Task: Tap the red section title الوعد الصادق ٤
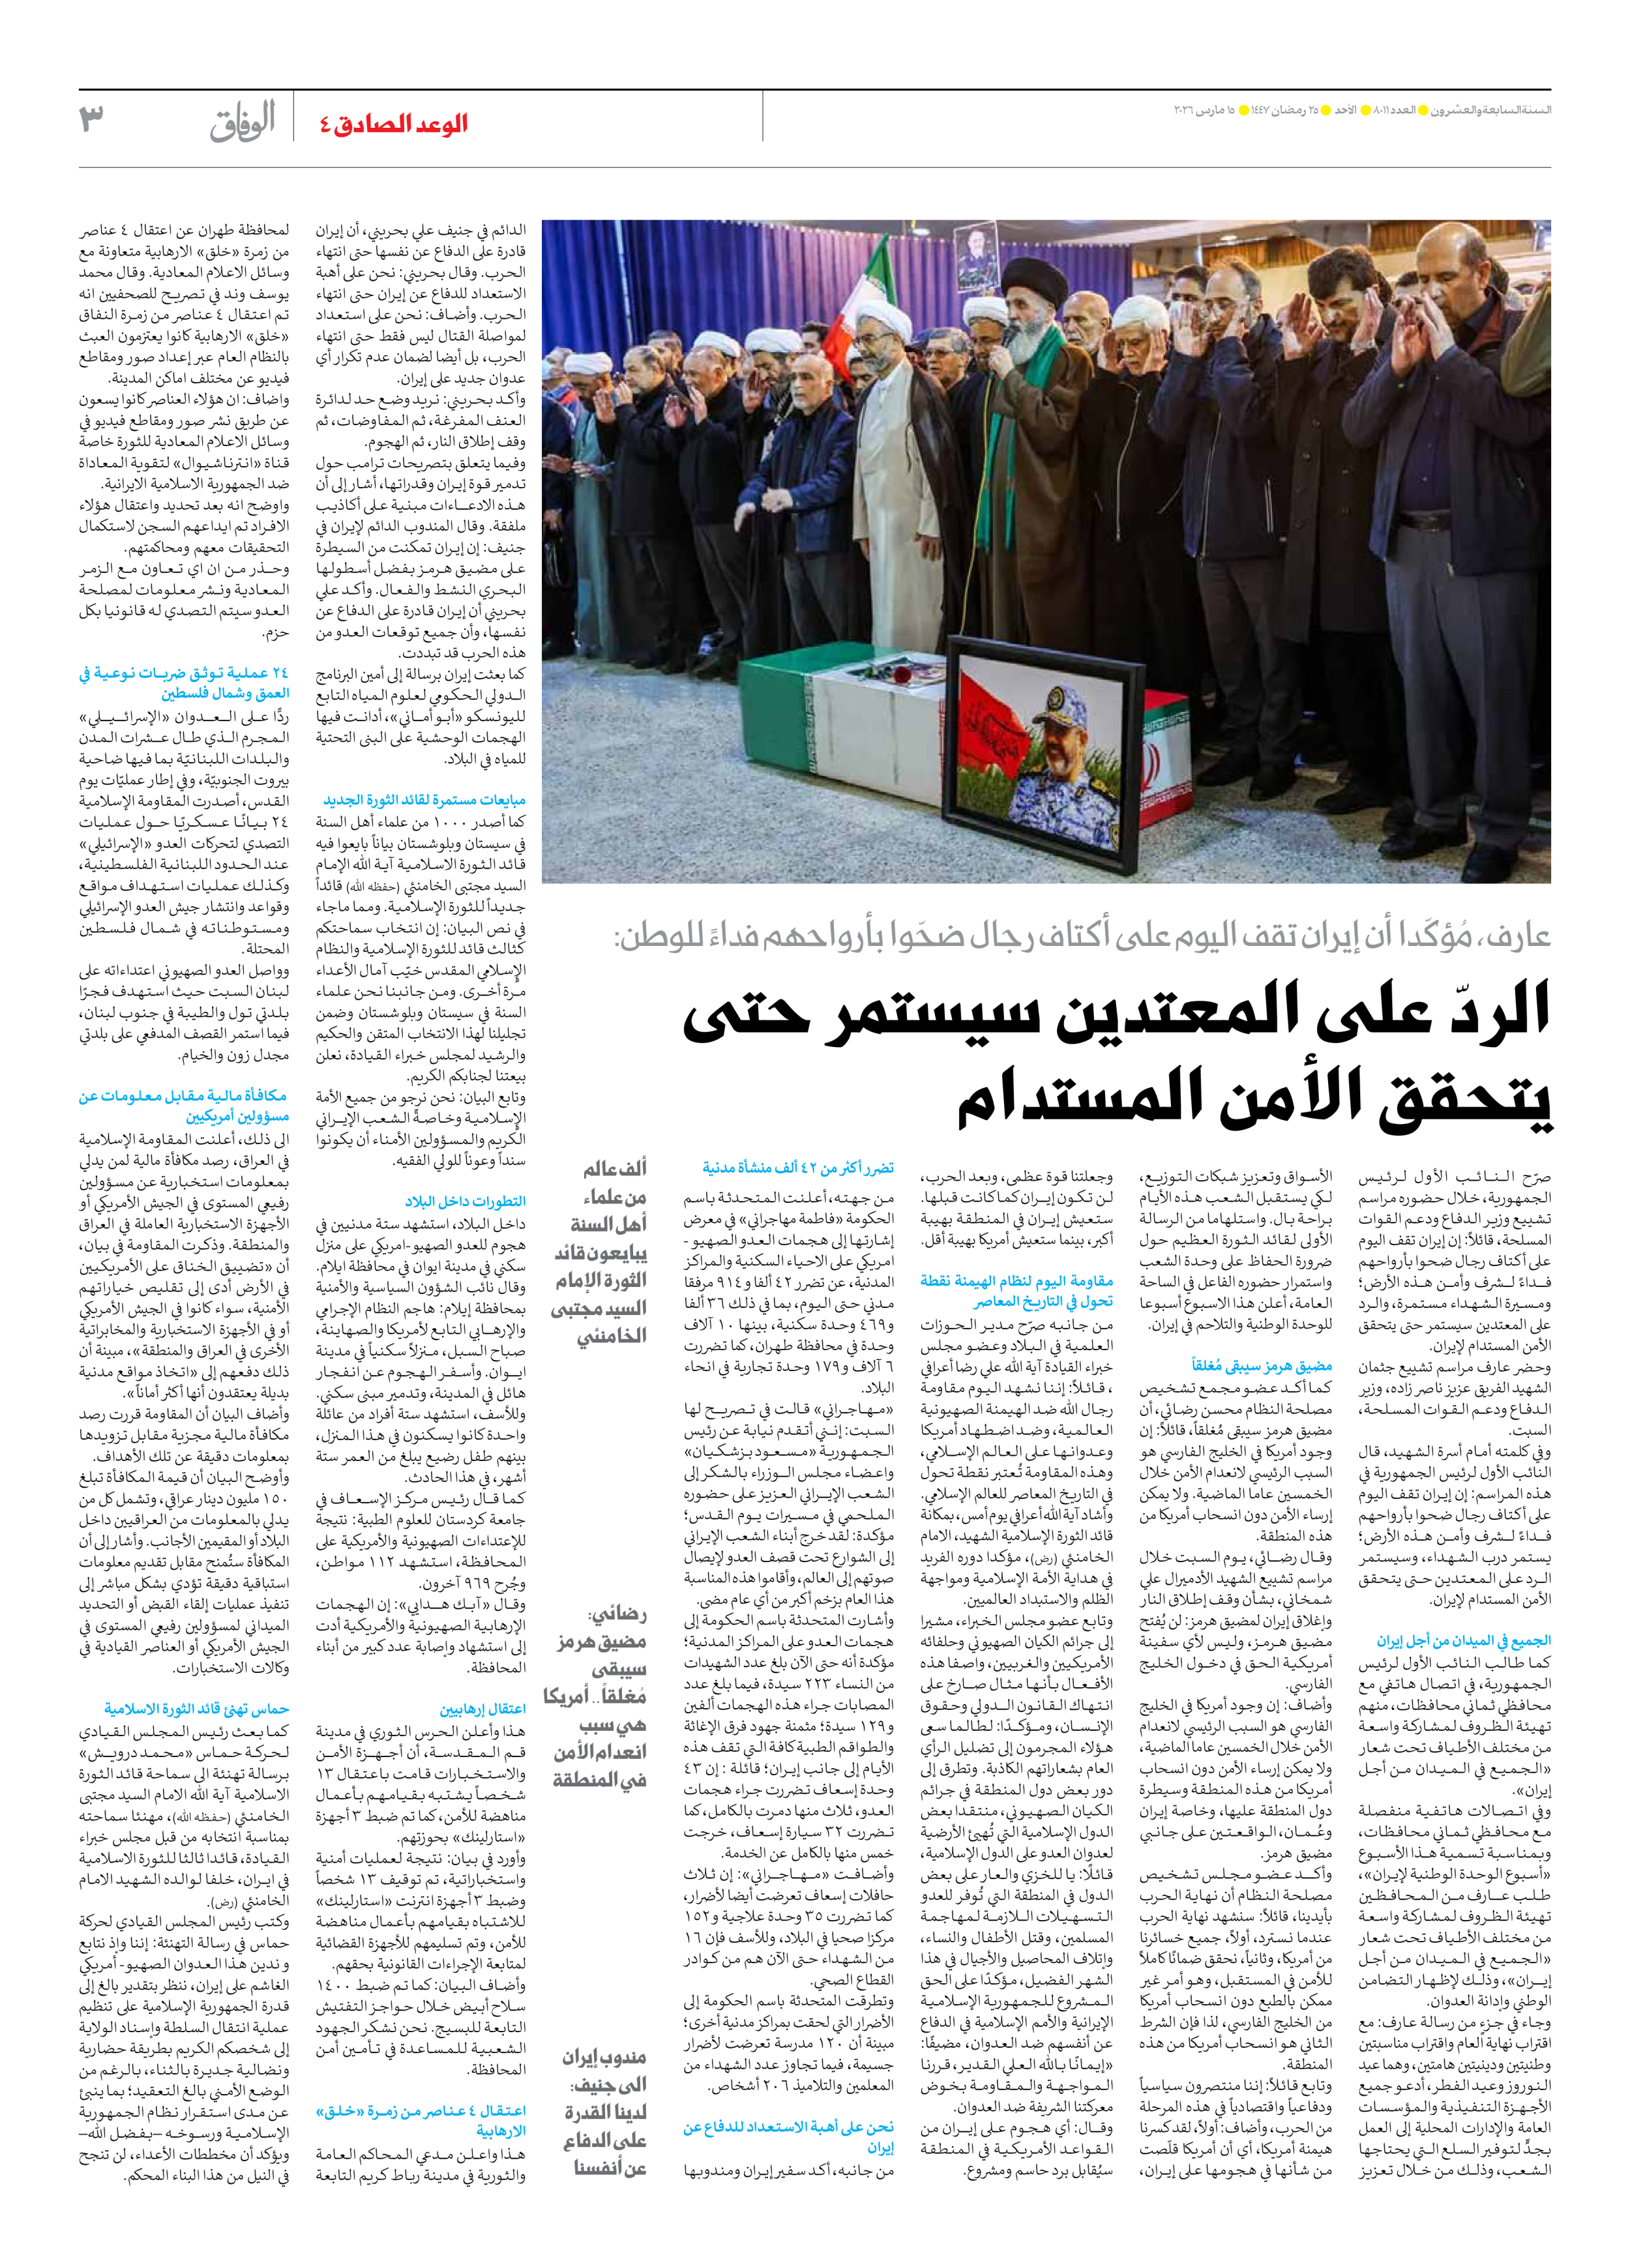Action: click(394, 124)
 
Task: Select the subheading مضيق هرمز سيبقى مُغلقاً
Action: click(1261, 1366)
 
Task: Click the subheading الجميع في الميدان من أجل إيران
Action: click(1464, 1640)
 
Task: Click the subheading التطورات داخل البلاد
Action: click(466, 1202)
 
